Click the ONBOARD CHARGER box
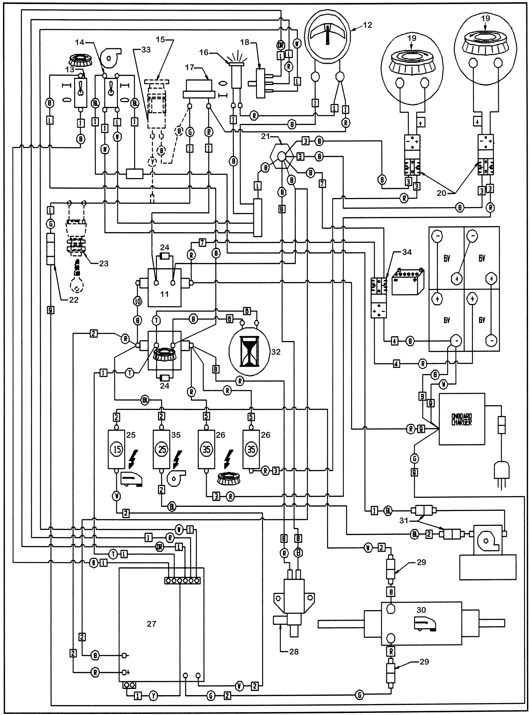pos(461,419)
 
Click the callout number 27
pos(151,624)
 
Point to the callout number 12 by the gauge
pos(367,25)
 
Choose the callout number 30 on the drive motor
pos(421,610)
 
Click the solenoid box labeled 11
pos(164,287)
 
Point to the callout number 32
pos(276,352)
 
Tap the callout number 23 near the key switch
pos(104,263)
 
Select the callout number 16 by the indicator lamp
pos(204,52)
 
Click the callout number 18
pos(244,42)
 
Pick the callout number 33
pos(146,49)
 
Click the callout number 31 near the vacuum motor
pos(403,521)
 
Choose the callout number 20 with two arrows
pos(441,193)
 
